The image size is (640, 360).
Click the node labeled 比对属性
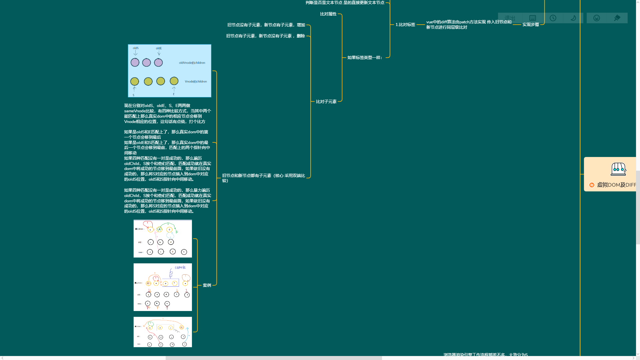(x=328, y=14)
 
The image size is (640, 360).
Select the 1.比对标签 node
(x=405, y=25)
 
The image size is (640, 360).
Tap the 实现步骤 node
(x=530, y=25)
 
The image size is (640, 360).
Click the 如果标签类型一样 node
(x=365, y=58)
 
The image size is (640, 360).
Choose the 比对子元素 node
(x=326, y=102)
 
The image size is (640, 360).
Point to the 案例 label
(x=207, y=285)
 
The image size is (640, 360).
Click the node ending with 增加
(x=266, y=25)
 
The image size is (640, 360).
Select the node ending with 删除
(x=265, y=36)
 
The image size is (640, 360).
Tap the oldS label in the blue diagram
(x=136, y=48)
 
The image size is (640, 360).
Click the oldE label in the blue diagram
(x=159, y=48)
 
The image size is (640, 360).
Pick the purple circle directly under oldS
(x=135, y=62)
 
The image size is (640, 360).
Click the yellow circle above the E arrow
(x=174, y=81)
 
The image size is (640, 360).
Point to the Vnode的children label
(x=196, y=81)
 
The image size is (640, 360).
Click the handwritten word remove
(x=180, y=267)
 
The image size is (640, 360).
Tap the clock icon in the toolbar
(x=553, y=18)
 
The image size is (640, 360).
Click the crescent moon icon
(x=573, y=18)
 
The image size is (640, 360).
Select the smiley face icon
(x=597, y=18)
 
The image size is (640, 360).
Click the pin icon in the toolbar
(x=617, y=18)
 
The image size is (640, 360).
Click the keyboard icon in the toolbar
(x=533, y=18)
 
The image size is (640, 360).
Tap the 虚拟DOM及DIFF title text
(x=616, y=185)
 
